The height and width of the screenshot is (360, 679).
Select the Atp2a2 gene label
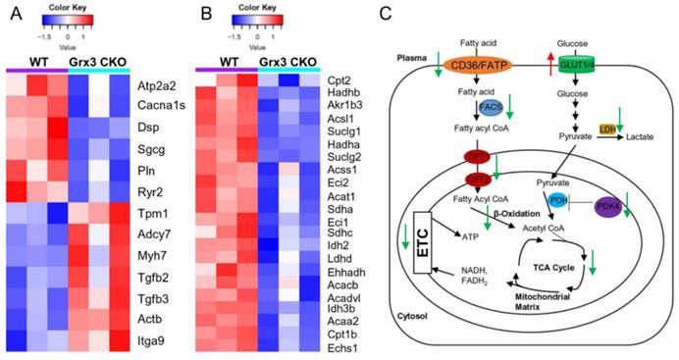pyautogui.click(x=160, y=85)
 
